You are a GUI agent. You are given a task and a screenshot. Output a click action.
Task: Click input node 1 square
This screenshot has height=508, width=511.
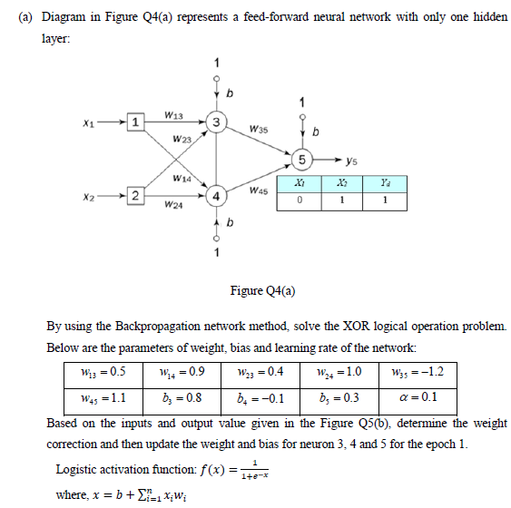pyautogui.click(x=134, y=122)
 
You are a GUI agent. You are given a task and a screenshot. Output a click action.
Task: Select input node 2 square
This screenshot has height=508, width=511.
pyautogui.click(x=134, y=196)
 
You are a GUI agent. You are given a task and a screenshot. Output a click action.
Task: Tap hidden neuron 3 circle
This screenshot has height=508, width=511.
pyautogui.click(x=215, y=122)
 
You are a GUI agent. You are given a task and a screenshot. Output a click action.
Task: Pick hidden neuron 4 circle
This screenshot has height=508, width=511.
pyautogui.click(x=215, y=196)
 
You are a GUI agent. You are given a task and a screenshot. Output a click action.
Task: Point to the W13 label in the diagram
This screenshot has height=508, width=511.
pyautogui.click(x=176, y=114)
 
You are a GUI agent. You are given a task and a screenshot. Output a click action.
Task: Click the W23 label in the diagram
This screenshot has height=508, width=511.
pyautogui.click(x=182, y=140)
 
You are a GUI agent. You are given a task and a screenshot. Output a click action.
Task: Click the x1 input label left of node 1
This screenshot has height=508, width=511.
pyautogui.click(x=86, y=122)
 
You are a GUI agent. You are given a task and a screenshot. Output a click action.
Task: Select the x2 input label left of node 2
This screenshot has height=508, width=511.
pyautogui.click(x=86, y=196)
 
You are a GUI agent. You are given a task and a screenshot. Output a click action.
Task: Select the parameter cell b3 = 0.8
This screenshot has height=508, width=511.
pyautogui.click(x=187, y=396)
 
